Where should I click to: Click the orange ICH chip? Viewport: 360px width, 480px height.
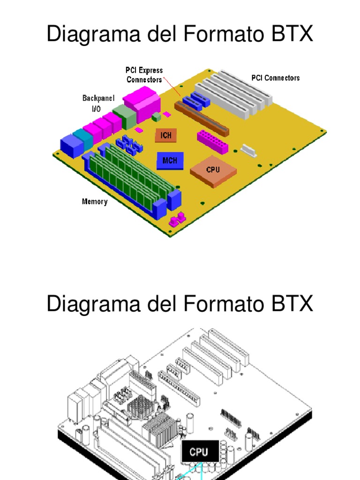click(x=166, y=135)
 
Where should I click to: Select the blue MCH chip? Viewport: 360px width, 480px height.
click(x=170, y=160)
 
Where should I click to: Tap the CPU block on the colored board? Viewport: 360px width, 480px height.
click(x=213, y=170)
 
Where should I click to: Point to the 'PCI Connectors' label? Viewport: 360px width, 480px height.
click(x=275, y=78)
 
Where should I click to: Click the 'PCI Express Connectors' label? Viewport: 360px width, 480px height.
click(x=144, y=75)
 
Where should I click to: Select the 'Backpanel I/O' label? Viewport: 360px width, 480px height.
click(x=98, y=103)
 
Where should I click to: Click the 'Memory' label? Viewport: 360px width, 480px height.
click(x=95, y=202)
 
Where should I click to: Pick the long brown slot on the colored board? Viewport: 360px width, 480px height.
click(x=202, y=120)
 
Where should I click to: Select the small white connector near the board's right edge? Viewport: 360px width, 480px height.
click(x=249, y=150)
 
